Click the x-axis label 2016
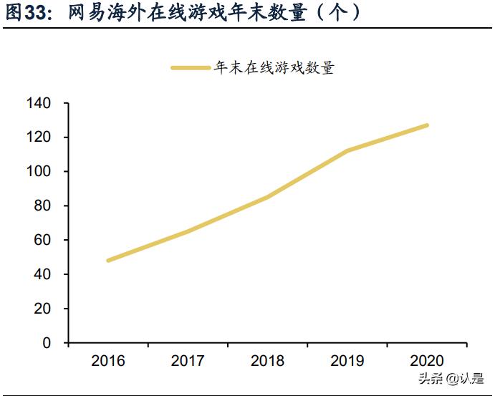pyautogui.click(x=108, y=361)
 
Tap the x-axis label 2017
pyautogui.click(x=188, y=361)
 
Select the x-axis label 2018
pyautogui.click(x=267, y=361)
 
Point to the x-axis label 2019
pyautogui.click(x=347, y=361)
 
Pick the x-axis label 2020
pyautogui.click(x=427, y=361)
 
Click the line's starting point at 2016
pyautogui.click(x=108, y=260)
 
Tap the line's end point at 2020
pyautogui.click(x=427, y=125)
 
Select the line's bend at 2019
pyautogui.click(x=347, y=151)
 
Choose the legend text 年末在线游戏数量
pyautogui.click(x=274, y=68)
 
